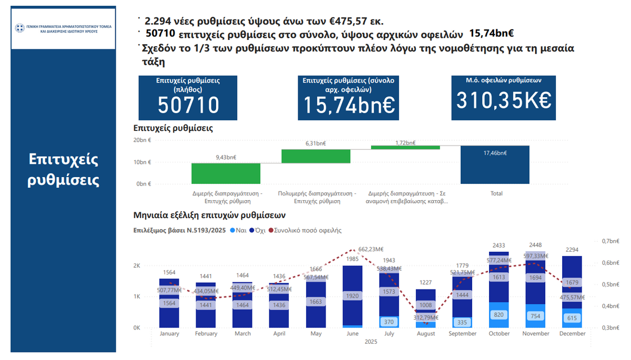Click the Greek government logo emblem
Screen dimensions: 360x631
tap(20, 28)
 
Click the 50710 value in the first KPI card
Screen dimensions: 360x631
tap(189, 105)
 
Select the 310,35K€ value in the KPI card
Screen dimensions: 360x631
tap(504, 100)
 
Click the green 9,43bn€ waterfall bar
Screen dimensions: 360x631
tap(218, 173)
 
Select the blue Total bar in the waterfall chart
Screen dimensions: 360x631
tap(495, 164)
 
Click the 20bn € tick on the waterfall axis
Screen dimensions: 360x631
tap(143, 140)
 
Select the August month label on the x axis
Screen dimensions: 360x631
tap(426, 334)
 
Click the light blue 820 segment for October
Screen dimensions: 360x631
tap(500, 315)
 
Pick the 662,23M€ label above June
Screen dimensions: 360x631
tap(353, 250)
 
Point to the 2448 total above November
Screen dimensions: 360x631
tap(536, 245)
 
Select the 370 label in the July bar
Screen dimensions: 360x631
tap(389, 322)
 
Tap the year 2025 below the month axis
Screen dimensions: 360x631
tap(370, 342)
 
